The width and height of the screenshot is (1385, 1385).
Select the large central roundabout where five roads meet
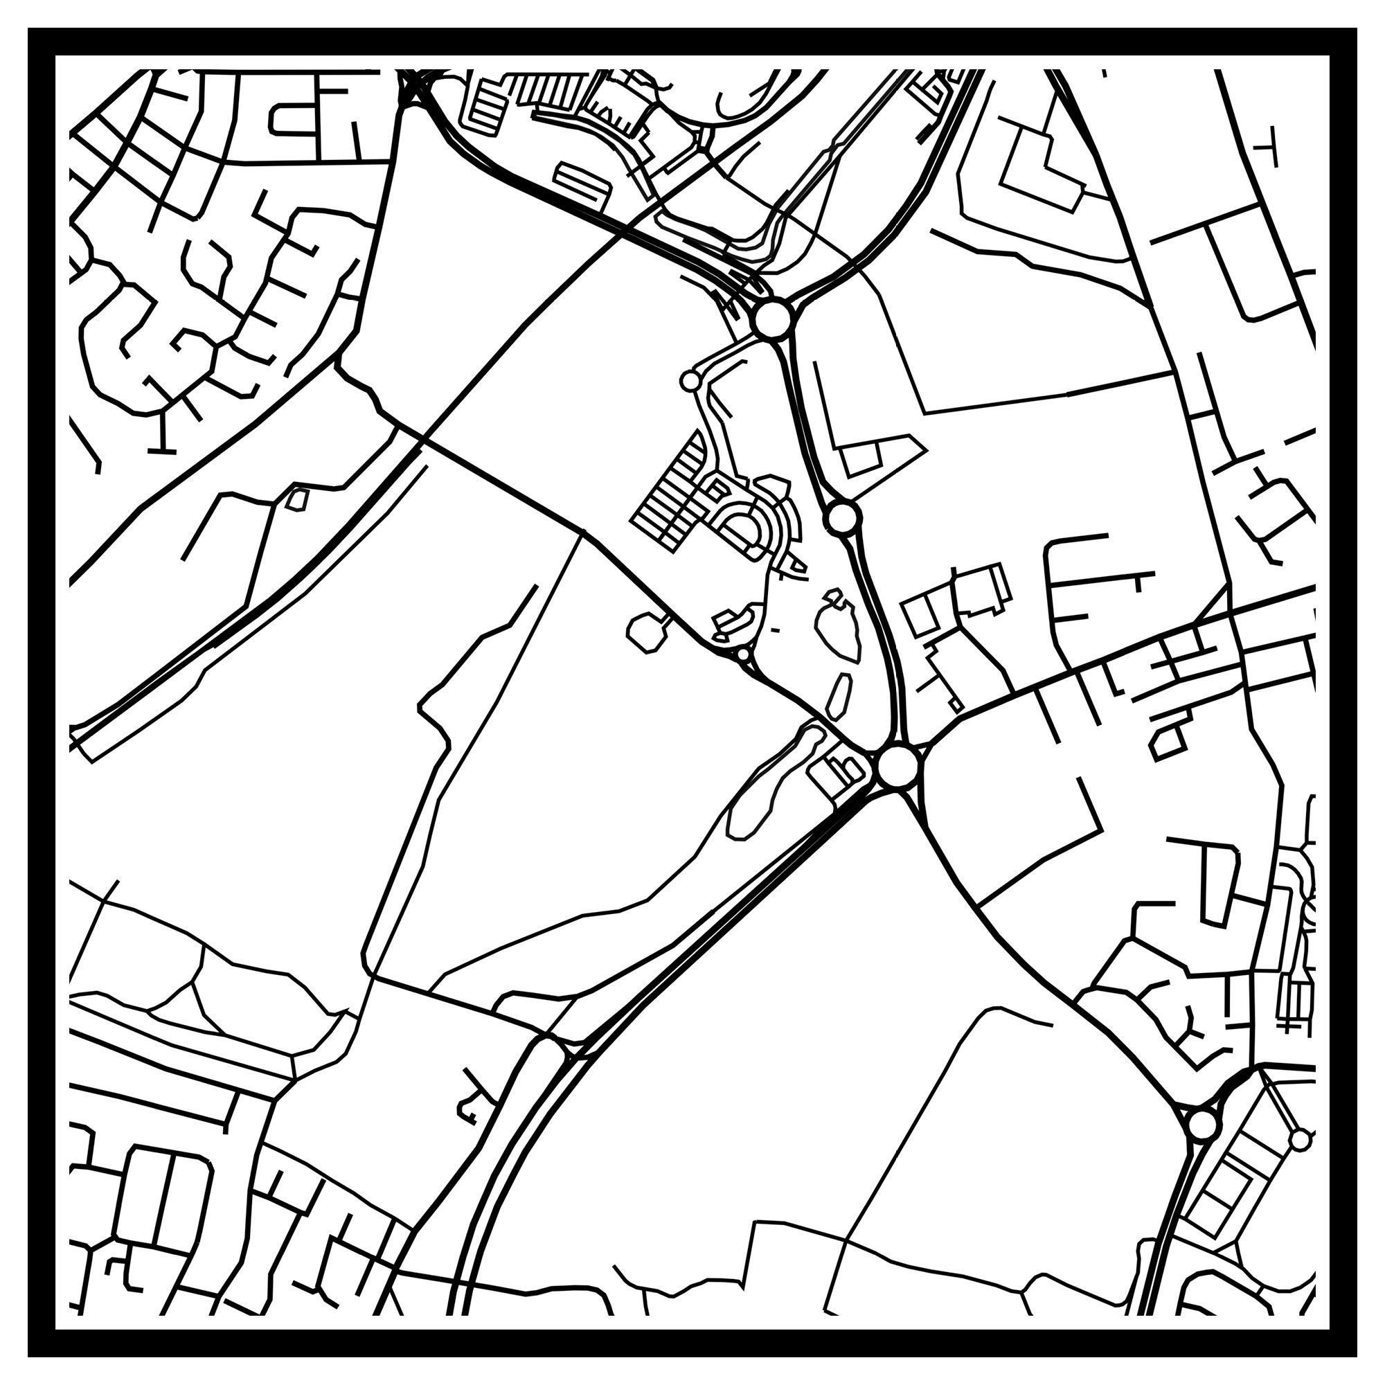[897, 767]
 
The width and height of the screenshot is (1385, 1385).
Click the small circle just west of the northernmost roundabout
[690, 381]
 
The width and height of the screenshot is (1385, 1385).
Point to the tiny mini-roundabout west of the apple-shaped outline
[743, 653]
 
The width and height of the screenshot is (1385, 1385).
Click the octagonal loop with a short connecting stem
[645, 630]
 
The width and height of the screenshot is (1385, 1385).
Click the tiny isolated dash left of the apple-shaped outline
[775, 630]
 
